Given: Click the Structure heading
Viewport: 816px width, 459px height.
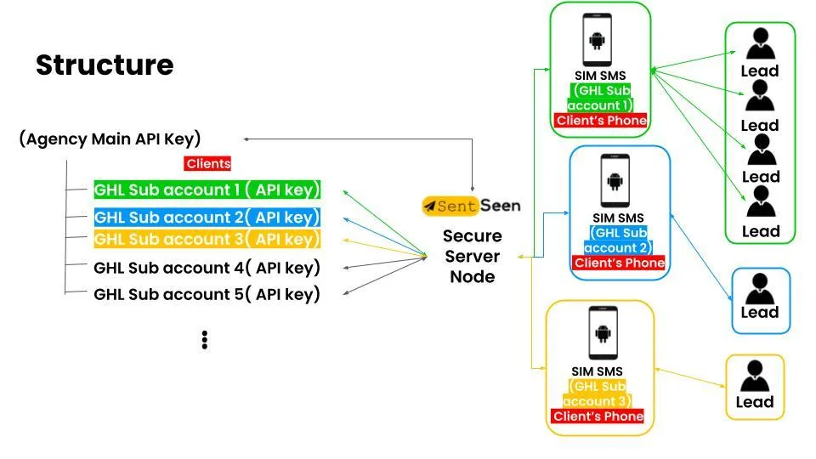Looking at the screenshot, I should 105,65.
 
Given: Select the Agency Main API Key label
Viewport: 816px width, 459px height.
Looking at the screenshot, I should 110,139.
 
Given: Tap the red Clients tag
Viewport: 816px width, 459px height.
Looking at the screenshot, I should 208,163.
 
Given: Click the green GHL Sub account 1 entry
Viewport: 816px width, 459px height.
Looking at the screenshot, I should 207,190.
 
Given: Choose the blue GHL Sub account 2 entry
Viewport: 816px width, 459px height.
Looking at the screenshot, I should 207,217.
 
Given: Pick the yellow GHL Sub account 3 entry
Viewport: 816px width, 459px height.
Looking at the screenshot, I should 207,239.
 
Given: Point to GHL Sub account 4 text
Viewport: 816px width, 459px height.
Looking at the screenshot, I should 207,268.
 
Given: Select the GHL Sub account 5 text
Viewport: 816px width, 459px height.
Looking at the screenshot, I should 207,295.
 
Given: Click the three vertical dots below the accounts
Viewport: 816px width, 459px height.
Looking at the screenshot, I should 205,340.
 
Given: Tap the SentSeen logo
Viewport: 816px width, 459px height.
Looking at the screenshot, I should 472,206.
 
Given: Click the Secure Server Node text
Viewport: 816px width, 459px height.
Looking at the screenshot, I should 472,256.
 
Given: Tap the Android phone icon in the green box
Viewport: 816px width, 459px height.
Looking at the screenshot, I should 599,41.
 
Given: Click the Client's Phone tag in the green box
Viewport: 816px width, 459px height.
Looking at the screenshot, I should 600,121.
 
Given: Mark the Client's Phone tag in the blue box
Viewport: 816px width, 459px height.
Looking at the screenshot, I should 620,263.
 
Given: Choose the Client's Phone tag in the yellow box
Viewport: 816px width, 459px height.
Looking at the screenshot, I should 598,416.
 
